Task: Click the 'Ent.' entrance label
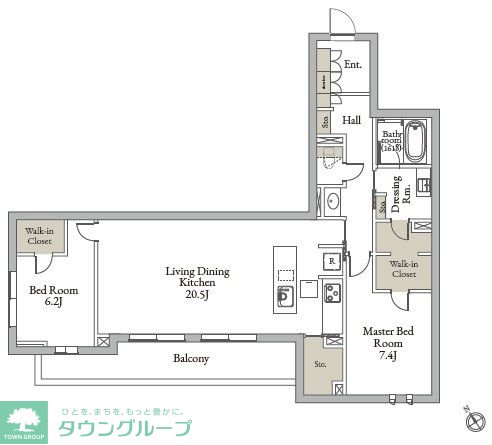tap(352, 64)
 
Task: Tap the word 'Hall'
tap(351, 120)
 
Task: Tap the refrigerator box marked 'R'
tap(329, 262)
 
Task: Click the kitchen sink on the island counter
tap(285, 295)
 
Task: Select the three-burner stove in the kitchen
tap(331, 292)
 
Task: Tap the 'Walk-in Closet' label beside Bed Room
tap(41, 236)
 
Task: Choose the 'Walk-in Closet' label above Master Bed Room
tap(403, 267)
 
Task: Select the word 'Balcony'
tap(189, 357)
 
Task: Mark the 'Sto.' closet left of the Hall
tap(325, 123)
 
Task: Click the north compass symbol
tap(470, 412)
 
